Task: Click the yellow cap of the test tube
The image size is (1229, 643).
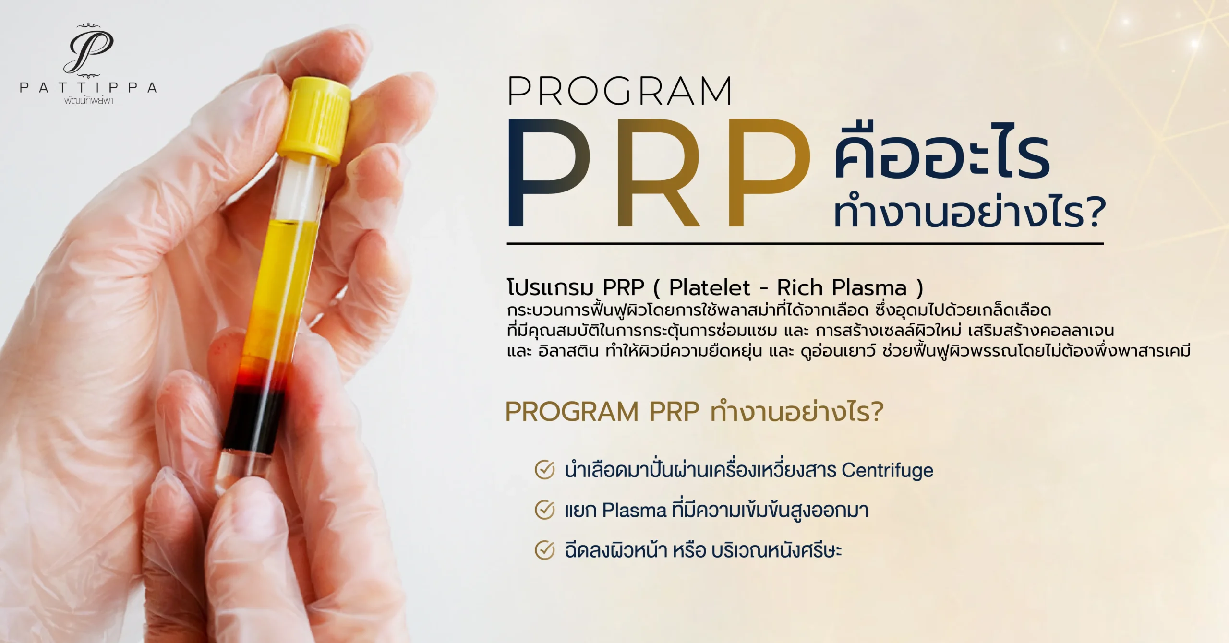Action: tap(315, 121)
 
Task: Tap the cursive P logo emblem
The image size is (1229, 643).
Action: tap(89, 51)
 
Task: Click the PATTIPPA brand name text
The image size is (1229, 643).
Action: tap(88, 88)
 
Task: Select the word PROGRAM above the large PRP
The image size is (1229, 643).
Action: tap(620, 91)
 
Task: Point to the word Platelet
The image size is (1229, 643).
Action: tap(710, 287)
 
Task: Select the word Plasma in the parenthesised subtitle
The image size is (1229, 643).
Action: tap(869, 287)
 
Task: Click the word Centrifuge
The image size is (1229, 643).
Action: tap(888, 471)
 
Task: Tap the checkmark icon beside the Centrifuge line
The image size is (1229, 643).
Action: tap(545, 470)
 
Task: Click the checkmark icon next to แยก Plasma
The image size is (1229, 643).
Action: tap(545, 510)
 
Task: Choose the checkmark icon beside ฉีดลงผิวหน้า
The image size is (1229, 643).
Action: tap(545, 550)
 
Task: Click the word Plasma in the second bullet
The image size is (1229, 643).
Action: tap(634, 510)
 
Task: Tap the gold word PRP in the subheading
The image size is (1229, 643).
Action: tap(674, 412)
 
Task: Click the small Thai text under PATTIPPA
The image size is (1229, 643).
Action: tap(89, 101)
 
